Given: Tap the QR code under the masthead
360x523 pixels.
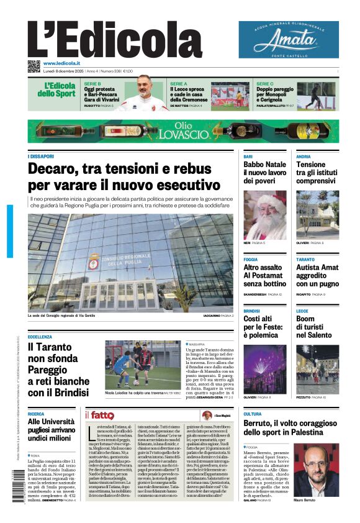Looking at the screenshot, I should click(x=34, y=66).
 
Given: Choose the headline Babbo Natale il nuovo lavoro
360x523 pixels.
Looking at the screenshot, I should click(x=264, y=173).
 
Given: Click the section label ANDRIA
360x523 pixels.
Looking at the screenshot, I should click(x=304, y=157).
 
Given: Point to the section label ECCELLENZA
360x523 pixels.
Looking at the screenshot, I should click(x=40, y=337).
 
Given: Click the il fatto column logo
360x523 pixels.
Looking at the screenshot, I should click(x=99, y=415).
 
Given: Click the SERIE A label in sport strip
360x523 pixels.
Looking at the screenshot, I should click(x=179, y=83).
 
